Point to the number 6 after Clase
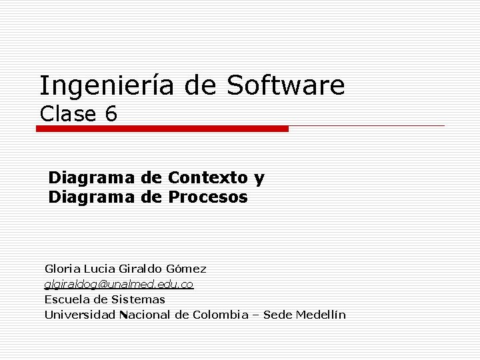(111, 114)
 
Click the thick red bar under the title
(162, 129)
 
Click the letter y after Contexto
(259, 179)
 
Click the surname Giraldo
(139, 269)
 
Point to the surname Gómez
(185, 269)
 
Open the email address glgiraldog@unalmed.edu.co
(119, 284)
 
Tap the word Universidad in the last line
(80, 315)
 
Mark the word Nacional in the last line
(145, 315)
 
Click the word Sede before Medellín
(277, 315)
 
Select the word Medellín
(321, 315)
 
